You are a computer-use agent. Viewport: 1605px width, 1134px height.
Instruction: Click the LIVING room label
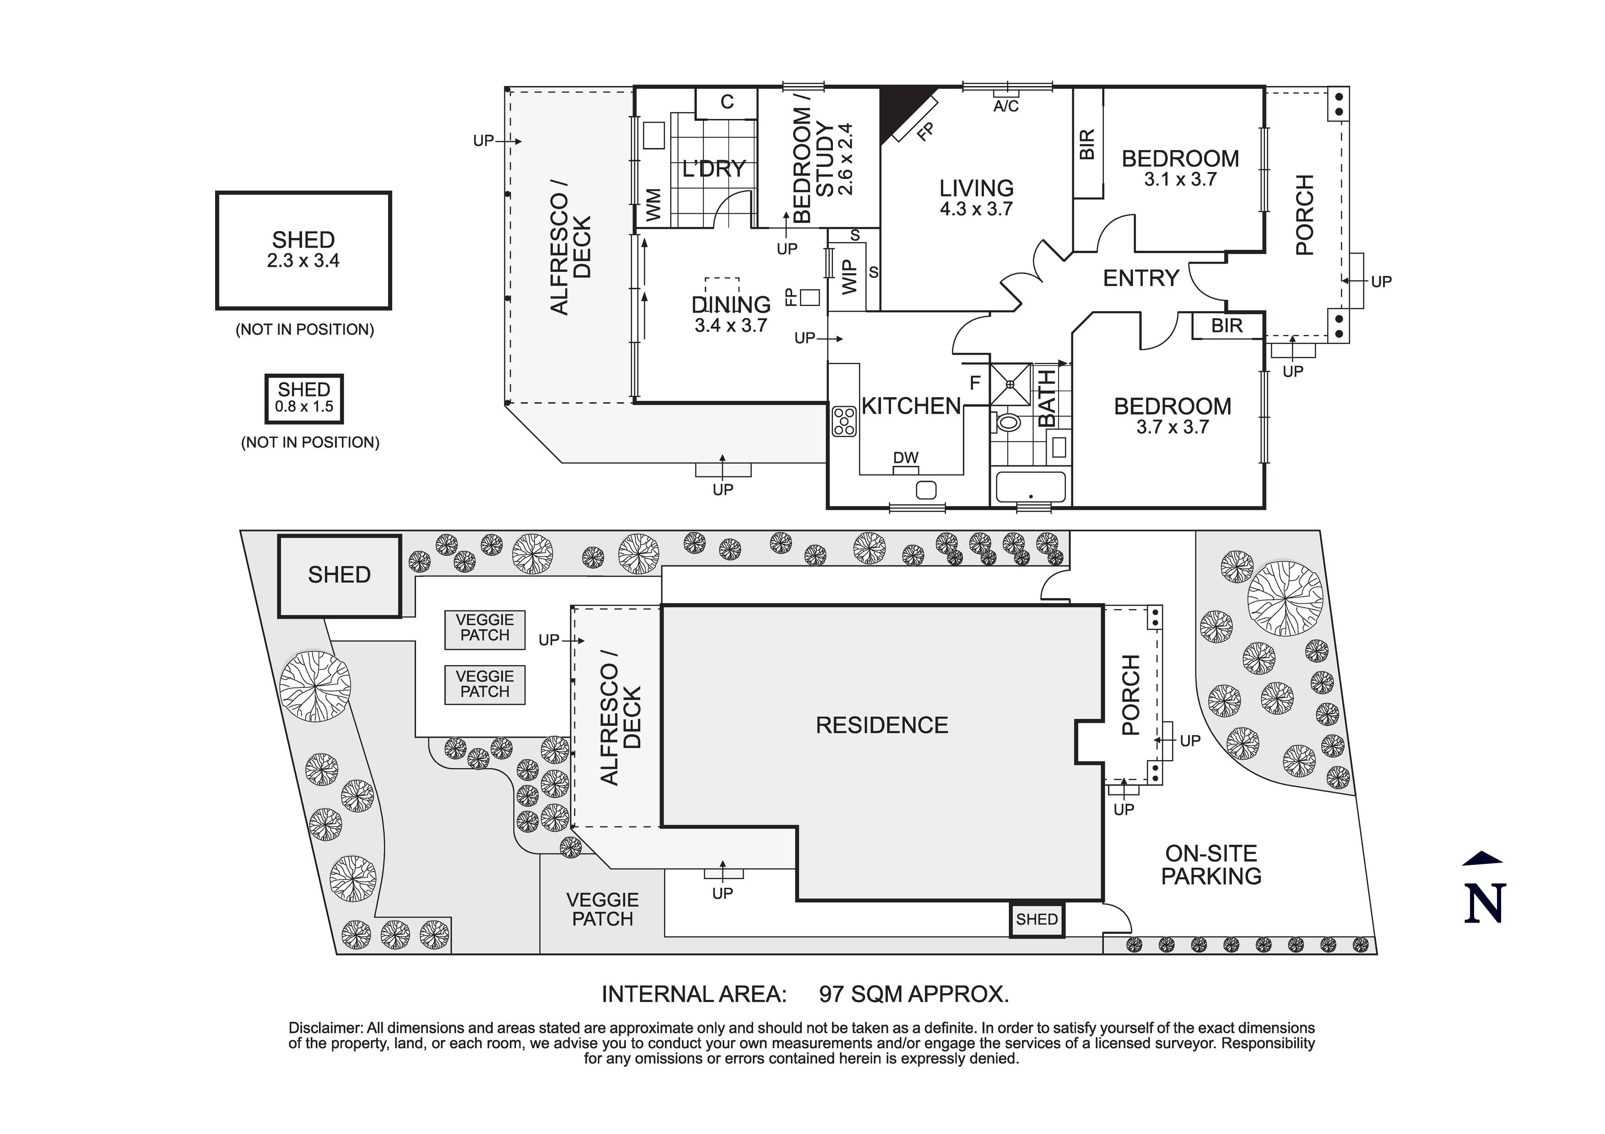[x=976, y=189]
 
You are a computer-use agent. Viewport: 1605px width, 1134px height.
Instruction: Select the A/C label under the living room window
[x=1006, y=106]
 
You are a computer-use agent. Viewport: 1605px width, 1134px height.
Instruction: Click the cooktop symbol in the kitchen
[x=844, y=421]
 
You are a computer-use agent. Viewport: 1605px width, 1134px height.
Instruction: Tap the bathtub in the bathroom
[x=1030, y=487]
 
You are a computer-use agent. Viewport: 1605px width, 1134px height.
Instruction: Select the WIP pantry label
[x=848, y=277]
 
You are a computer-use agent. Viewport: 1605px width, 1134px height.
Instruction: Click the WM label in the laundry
[x=654, y=205]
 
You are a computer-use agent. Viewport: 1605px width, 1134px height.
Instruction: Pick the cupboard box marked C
[x=727, y=103]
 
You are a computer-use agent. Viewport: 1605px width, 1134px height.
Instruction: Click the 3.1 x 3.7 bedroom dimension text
[x=1180, y=180]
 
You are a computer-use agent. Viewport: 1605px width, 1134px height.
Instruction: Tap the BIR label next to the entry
[x=1227, y=326]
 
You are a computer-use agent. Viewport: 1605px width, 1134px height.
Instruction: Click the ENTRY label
[x=1141, y=278]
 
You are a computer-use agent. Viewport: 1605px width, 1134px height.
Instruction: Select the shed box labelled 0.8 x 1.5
[x=303, y=399]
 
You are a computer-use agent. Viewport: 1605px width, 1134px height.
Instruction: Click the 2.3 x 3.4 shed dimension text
[x=303, y=261]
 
